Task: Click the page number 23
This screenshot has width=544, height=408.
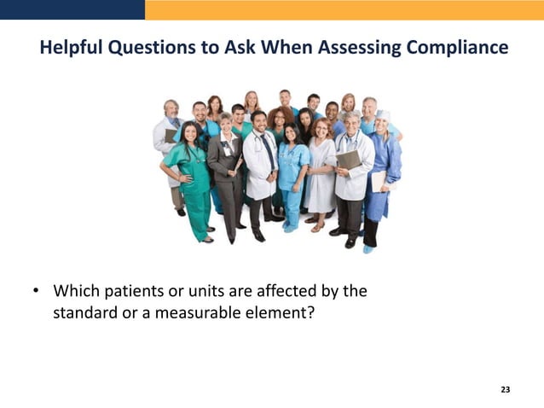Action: click(x=505, y=389)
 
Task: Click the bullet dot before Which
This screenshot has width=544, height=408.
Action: click(x=37, y=291)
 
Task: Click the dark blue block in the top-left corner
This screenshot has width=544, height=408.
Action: click(x=72, y=9)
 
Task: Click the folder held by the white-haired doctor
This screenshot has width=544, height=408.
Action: click(x=346, y=160)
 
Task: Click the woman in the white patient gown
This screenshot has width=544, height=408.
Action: click(x=321, y=175)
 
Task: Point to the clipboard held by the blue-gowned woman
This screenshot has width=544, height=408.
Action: click(x=379, y=180)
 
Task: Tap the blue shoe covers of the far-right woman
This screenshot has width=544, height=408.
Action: click(x=367, y=249)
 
